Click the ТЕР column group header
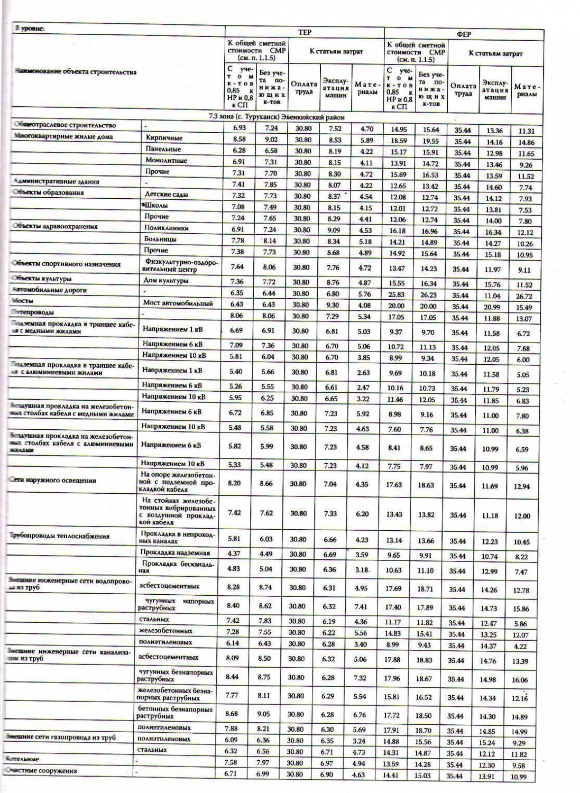[305, 32]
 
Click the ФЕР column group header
[464, 34]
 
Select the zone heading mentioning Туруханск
[277, 117]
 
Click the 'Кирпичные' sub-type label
[164, 138]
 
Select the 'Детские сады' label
[166, 194]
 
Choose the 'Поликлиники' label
[167, 228]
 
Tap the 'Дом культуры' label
[167, 281]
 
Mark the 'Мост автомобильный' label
[178, 303]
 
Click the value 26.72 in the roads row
[524, 296]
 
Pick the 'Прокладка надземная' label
[175, 553]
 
